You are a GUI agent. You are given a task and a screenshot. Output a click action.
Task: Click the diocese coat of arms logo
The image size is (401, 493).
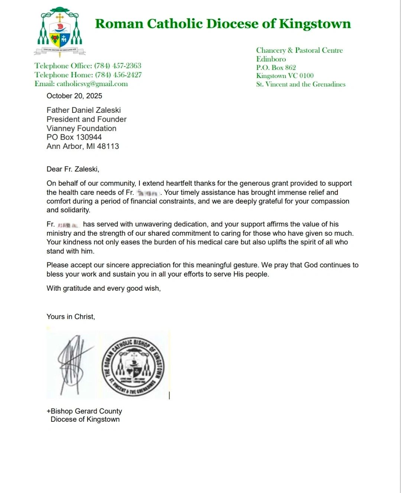point(59,32)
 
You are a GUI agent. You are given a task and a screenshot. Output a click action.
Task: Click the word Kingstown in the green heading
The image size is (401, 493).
point(315,24)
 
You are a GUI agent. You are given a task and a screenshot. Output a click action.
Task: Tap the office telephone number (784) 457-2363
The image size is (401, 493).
point(118,66)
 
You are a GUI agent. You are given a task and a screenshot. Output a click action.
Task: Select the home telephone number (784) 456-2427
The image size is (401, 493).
point(119,75)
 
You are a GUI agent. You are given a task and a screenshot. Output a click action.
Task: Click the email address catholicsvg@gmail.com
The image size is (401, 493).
point(92,84)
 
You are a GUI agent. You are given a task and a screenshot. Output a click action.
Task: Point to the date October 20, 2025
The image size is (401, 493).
point(74,96)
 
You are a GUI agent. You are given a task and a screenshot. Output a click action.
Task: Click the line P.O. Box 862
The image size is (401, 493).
point(276,68)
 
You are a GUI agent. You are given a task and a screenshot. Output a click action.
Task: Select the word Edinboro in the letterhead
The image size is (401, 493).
point(271,59)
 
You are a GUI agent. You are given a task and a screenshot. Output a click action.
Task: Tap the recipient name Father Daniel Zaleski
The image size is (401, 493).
point(84,110)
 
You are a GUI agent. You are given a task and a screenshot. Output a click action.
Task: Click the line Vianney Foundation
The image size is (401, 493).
point(81,128)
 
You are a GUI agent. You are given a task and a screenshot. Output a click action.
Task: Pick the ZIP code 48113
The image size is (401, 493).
point(108,146)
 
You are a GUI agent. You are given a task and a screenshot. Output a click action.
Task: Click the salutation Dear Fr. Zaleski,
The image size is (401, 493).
point(73,169)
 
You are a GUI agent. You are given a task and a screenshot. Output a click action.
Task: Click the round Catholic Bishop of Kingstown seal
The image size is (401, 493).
point(133,366)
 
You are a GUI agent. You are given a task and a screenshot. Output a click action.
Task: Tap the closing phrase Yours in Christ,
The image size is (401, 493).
point(71,317)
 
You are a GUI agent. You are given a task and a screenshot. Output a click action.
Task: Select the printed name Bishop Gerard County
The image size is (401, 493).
point(86,411)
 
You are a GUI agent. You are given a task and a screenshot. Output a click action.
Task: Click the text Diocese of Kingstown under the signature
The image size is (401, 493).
point(85,419)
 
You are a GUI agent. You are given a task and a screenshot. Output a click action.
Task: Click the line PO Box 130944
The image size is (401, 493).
point(74,137)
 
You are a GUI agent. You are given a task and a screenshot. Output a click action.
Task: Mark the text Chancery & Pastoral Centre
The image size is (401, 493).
point(299,50)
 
